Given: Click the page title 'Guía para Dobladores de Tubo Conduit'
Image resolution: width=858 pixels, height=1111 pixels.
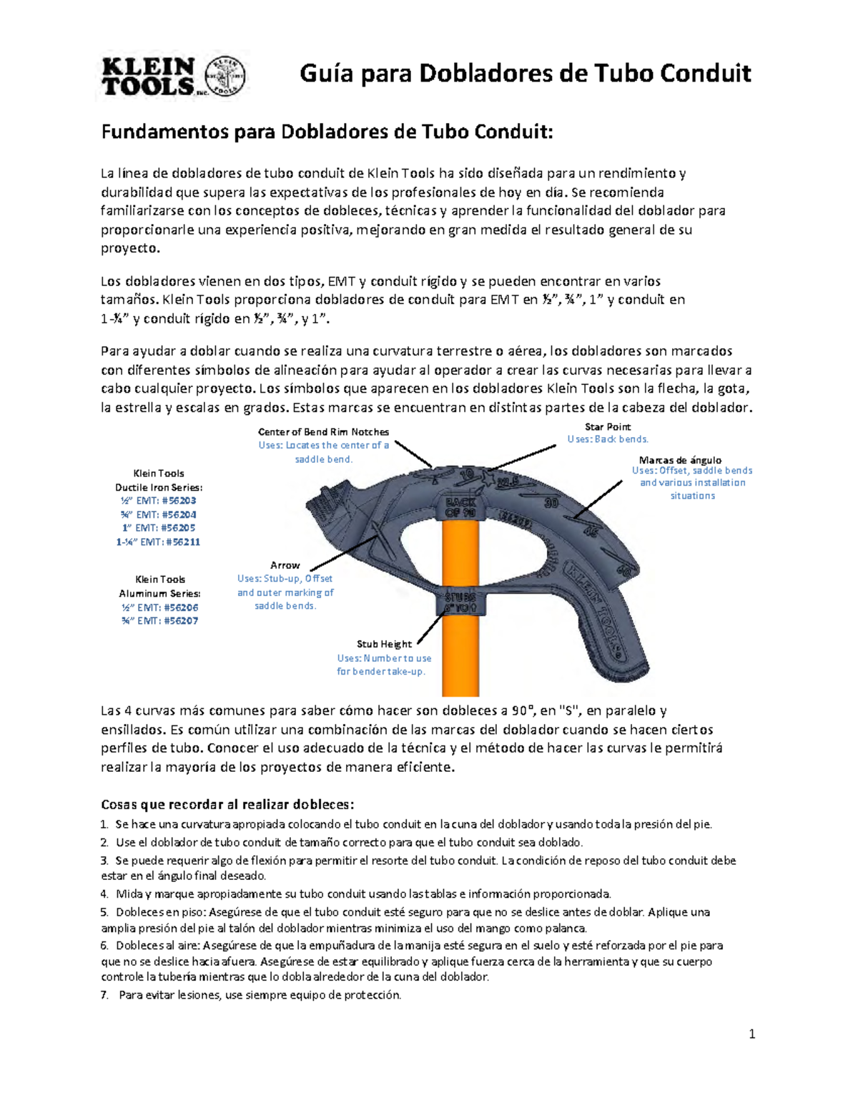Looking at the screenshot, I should click(525, 73).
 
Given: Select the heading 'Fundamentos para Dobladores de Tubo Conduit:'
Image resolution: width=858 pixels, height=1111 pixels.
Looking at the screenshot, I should click(327, 132).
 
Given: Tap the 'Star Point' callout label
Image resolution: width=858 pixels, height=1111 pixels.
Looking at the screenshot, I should click(608, 427).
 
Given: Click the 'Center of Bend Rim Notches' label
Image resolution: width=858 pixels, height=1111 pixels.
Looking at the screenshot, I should click(323, 432).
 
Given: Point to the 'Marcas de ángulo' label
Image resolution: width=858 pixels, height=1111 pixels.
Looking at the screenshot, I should click(680, 460).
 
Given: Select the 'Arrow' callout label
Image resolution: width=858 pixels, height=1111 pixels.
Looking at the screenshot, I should click(285, 565).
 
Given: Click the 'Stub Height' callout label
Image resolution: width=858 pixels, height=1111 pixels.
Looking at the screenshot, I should click(384, 644).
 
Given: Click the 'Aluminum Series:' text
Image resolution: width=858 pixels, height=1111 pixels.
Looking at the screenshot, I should click(159, 593).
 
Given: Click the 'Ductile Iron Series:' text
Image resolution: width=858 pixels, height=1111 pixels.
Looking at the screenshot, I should click(159, 487).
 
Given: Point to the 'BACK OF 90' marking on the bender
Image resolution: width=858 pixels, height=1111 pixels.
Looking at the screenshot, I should click(460, 506).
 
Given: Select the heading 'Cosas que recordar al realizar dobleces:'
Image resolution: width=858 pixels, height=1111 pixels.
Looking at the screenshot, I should click(227, 803).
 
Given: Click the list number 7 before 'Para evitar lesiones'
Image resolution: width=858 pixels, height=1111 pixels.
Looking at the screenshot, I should click(104, 995).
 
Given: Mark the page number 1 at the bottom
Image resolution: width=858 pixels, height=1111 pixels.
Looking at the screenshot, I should click(752, 1034).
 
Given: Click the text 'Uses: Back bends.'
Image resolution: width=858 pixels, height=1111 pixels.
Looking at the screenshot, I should click(608, 439).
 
